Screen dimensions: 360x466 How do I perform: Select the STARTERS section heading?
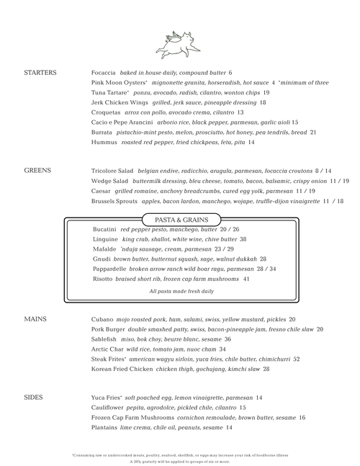coord(40,73)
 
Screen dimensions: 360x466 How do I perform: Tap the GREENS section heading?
coord(37,171)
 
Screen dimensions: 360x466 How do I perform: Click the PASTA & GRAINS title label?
coord(181,219)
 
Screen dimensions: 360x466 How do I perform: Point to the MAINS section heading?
coord(35,318)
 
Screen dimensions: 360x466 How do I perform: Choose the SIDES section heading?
coord(34,397)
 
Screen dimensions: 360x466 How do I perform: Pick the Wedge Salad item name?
coord(110,181)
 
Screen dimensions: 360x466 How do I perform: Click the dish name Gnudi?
coord(102,259)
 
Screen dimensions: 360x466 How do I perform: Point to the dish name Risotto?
coord(104,278)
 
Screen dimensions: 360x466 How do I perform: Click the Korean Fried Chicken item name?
coord(122,369)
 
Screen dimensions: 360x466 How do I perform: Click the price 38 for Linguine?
coord(243,239)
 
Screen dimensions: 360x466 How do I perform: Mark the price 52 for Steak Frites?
coord(297,359)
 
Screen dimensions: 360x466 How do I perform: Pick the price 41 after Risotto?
coord(246,278)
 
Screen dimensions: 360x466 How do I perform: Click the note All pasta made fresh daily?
coord(181,292)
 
